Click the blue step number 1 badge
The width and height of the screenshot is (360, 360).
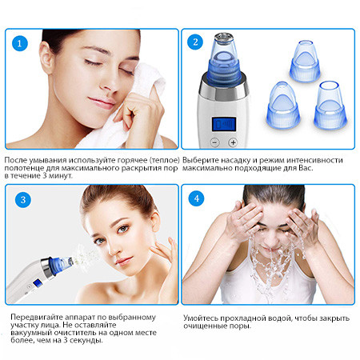click(x=20, y=43)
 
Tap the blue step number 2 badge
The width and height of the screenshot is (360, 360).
click(x=195, y=42)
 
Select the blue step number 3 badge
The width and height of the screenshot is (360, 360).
click(x=23, y=200)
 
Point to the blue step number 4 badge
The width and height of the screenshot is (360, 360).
click(x=197, y=198)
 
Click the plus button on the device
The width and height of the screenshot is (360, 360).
click(x=233, y=142)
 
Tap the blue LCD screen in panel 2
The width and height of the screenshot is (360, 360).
click(x=223, y=124)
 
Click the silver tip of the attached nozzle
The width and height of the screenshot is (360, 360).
click(x=224, y=38)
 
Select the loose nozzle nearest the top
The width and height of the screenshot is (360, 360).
click(x=305, y=61)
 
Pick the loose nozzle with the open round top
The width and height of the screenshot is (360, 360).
click(x=330, y=105)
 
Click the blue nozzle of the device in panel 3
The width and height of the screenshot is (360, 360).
click(x=60, y=265)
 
